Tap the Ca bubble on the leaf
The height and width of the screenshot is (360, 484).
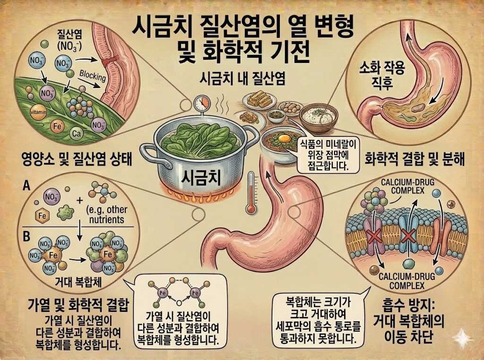coord(77,134)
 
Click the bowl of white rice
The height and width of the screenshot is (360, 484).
coord(320,115)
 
